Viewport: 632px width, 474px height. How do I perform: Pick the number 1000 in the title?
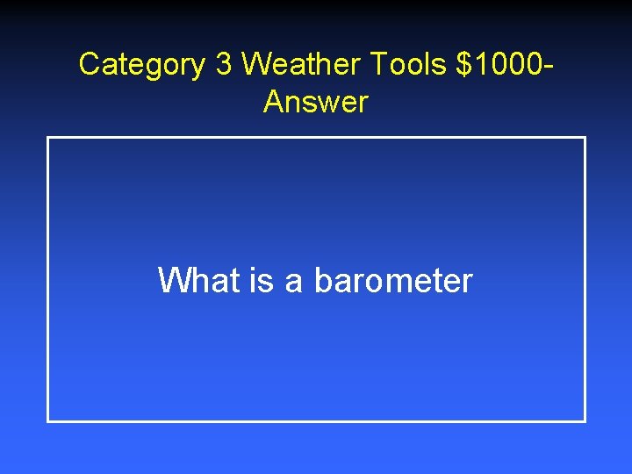(507, 64)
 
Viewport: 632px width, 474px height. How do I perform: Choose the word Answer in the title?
(315, 103)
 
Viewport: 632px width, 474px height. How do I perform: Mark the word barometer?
(393, 281)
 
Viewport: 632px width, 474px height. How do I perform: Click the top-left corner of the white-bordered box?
(48, 138)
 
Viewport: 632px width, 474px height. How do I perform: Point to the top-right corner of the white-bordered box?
(585, 138)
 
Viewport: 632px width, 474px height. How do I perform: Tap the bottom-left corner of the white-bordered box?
(48, 420)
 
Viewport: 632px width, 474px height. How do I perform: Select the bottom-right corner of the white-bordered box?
(585, 420)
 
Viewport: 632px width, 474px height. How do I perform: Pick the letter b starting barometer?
(321, 281)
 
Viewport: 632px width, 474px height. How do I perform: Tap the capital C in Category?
(89, 64)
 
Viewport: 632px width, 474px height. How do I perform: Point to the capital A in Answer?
(273, 103)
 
